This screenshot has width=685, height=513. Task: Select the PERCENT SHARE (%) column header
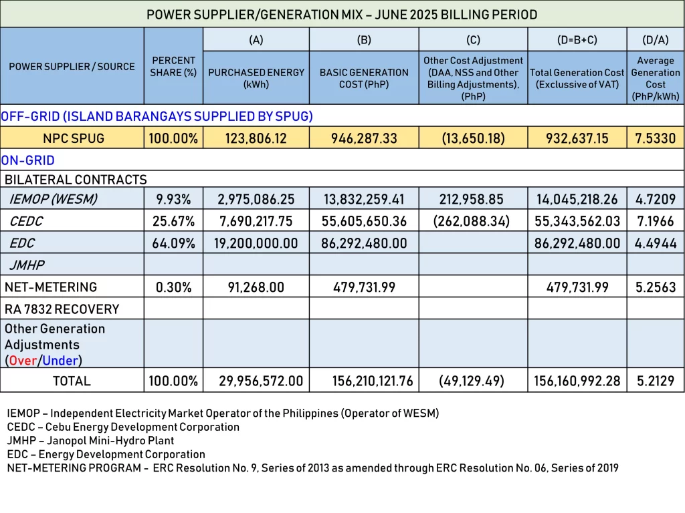click(x=173, y=66)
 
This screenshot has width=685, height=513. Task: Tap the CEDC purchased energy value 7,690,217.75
click(x=256, y=221)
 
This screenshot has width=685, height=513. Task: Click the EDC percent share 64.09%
click(x=173, y=243)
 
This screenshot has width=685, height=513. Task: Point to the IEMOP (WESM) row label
click(x=53, y=199)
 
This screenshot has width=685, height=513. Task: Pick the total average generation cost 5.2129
click(x=656, y=381)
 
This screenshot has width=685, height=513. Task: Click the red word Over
click(x=23, y=361)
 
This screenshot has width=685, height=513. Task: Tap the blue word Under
click(x=60, y=361)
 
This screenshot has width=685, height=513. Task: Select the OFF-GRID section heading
click(x=157, y=116)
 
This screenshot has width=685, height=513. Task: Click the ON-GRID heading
click(x=28, y=160)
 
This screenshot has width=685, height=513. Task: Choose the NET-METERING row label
click(x=51, y=287)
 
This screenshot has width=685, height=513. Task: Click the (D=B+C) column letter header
click(x=577, y=39)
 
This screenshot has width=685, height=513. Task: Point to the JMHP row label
click(x=27, y=265)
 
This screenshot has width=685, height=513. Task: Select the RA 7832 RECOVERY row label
click(x=62, y=309)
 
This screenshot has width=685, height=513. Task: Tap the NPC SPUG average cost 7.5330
click(x=656, y=138)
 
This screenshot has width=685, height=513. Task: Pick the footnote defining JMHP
click(x=90, y=441)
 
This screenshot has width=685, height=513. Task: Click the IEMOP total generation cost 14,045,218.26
click(x=577, y=199)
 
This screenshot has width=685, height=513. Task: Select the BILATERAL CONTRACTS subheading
click(x=76, y=180)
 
